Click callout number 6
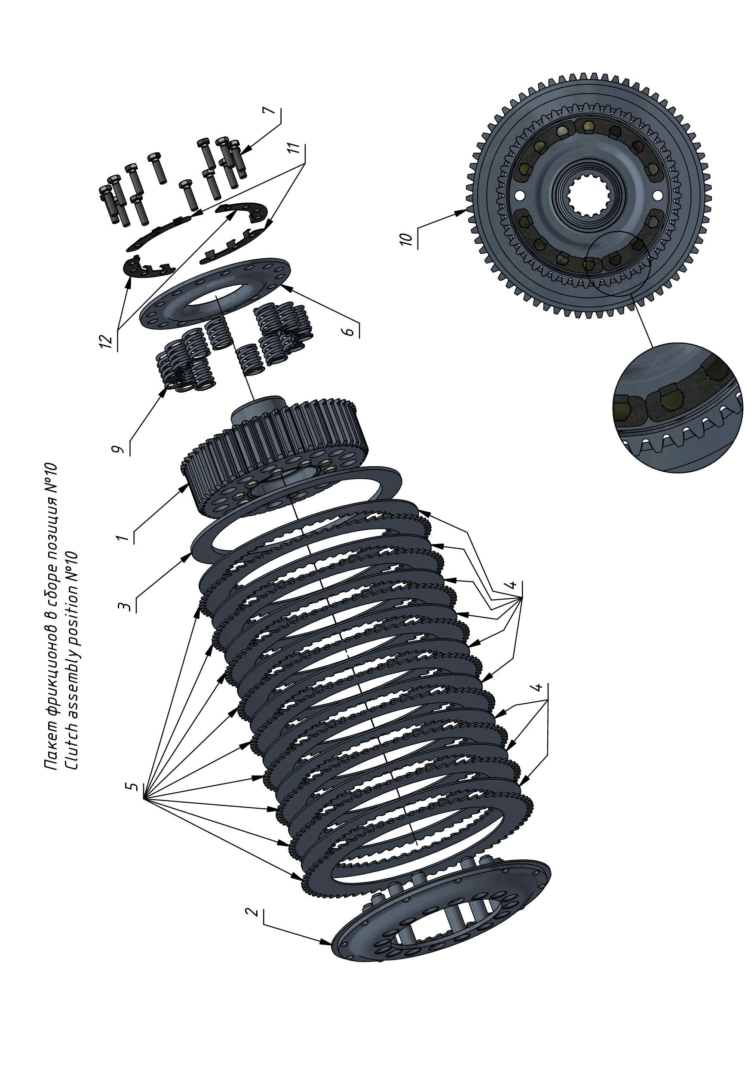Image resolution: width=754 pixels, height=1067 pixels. (x=350, y=331)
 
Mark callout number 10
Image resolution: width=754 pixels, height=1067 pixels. (x=406, y=239)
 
